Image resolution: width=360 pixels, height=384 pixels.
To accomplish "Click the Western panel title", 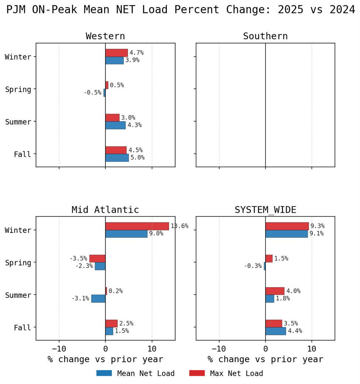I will coord(105,36).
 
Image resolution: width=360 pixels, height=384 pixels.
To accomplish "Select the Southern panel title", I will coord(265,36).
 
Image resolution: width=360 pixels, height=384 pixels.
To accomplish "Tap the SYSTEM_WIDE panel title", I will coord(265,210).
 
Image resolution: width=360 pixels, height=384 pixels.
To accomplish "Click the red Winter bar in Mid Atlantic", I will coord(137,226).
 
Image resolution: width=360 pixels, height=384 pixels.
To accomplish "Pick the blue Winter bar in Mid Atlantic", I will coord(126,234).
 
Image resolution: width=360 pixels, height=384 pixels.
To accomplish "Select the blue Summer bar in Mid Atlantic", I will coord(98,298).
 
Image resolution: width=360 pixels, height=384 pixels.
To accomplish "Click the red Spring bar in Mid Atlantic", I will coord(97,258).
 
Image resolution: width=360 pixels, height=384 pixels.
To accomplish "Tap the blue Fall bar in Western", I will coord(117,158).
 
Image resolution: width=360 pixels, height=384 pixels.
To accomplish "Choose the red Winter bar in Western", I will coord(116,53).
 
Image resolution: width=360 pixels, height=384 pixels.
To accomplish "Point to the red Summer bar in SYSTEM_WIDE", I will coord(275,291).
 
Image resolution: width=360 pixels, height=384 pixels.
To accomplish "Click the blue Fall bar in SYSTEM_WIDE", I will coord(275,331).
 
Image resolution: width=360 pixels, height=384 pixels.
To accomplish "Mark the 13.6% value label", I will coord(179,226).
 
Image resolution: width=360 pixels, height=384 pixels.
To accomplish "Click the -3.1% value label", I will coord(80,298).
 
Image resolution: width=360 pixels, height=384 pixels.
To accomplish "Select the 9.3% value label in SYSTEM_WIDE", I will coord(318,226).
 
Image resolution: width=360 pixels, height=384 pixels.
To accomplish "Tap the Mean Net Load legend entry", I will coord(136,373).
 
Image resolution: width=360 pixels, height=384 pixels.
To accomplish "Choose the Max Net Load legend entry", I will coord(226,373).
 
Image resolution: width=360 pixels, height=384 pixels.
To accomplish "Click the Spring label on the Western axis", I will coord(18,89).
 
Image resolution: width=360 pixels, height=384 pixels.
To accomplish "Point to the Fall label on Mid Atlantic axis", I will coord(23,328).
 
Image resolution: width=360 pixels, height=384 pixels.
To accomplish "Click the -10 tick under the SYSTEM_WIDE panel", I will coord(219,349).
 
